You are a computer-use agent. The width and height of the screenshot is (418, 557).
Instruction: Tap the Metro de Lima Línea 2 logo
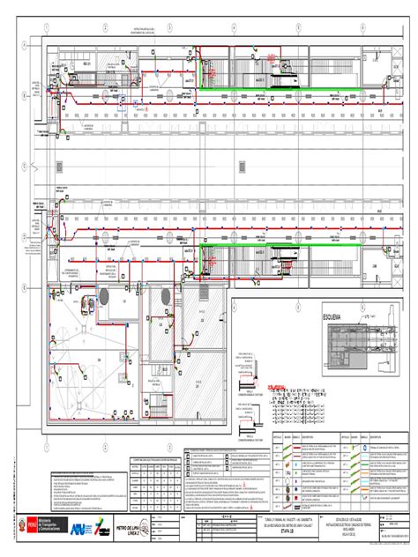129,529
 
